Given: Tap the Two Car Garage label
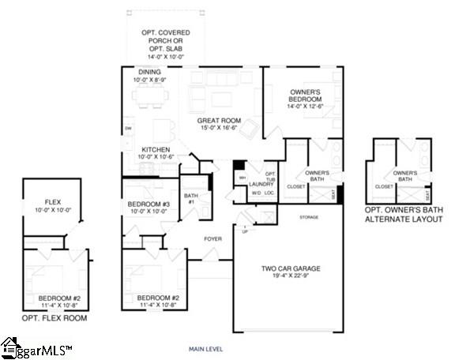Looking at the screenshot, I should point(291,273).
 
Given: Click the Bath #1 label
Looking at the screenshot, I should point(190,198).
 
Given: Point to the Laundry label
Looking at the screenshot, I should point(261,183).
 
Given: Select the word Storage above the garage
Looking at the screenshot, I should point(309,216).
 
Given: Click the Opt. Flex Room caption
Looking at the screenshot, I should point(53,318).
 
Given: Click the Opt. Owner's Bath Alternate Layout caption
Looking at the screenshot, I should point(405,215).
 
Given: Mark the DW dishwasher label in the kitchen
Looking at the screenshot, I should point(128,128).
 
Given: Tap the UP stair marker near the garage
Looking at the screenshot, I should point(245,231).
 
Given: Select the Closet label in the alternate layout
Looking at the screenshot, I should point(385,187).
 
